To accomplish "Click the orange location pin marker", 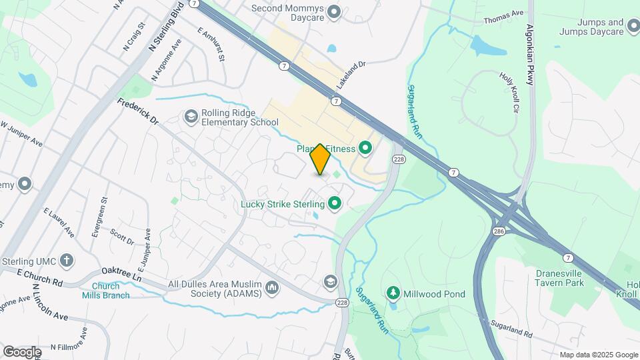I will coord(321,159).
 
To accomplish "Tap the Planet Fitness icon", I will coord(365,148).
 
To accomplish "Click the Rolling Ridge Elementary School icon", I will coord(191,117).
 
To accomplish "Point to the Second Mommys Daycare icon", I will coord(335,11).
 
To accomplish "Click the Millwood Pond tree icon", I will coord(393,293).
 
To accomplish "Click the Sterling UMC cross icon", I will coord(66,260).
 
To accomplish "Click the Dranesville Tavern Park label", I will coord(559,277).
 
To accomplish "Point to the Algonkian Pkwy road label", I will coord(530,55).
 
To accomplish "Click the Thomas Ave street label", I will coord(503,13).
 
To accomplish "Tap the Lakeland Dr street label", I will coord(352,75).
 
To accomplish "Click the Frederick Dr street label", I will coord(137,112).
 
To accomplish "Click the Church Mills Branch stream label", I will coord(105,291).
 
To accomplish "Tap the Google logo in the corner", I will coord(22,351).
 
